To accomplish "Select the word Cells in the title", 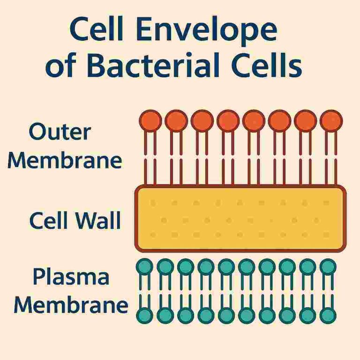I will [272, 66].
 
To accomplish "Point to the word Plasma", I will [70, 277].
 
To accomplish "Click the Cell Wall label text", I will [75, 220].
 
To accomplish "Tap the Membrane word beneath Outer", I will [65, 161].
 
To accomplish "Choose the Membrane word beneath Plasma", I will [70, 305].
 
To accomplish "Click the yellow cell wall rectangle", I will [240, 218].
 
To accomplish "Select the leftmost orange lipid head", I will [150, 121].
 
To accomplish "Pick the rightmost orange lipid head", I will [331, 121].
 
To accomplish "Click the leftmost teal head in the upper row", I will [145, 267].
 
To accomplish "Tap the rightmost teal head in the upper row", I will [328, 267].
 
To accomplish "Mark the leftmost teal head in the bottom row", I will [145, 315].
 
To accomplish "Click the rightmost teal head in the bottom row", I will [328, 315].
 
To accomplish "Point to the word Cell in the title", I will [101, 30].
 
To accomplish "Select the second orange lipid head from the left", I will [176, 121].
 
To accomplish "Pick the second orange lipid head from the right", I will [306, 121].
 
